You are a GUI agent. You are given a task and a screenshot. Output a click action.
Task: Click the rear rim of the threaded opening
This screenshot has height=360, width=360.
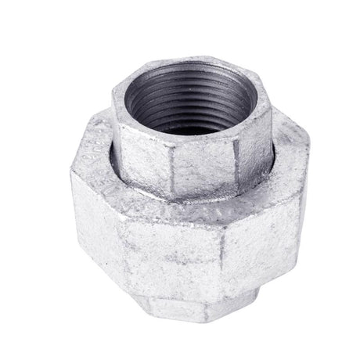pos(188,66)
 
